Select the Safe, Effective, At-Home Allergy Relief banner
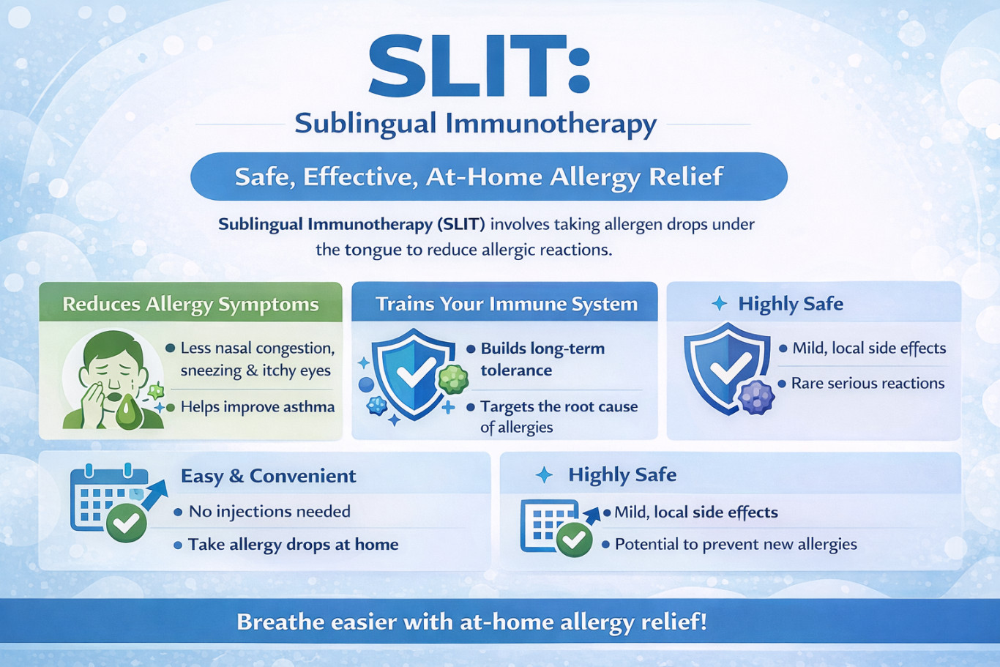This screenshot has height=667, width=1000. click(x=489, y=176)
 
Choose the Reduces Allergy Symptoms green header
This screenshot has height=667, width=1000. click(x=190, y=302)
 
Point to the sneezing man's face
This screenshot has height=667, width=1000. click(x=115, y=365)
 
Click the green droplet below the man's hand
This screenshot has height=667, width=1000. click(x=129, y=411)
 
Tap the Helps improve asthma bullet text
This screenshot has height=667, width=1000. click(x=258, y=407)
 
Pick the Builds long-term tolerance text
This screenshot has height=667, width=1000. click(x=542, y=359)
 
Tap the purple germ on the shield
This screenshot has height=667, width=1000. click(x=755, y=397)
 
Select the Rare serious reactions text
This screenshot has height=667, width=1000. click(x=867, y=384)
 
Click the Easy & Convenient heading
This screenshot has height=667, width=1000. click(x=269, y=476)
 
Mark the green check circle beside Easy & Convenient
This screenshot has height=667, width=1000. click(x=127, y=523)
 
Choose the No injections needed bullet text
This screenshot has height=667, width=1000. click(x=269, y=512)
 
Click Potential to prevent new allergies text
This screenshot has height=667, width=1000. click(x=736, y=544)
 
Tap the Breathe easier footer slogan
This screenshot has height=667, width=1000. click(x=472, y=622)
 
